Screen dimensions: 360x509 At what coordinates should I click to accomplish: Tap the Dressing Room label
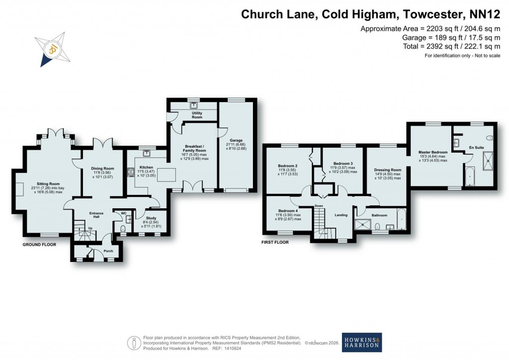(387, 170)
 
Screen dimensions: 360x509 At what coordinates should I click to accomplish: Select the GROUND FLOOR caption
(39, 245)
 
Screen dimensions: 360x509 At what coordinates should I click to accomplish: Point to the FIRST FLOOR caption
(275, 243)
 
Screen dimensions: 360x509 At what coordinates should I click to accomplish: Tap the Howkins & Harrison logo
(361, 343)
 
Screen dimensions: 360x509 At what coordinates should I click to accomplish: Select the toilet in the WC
(123, 228)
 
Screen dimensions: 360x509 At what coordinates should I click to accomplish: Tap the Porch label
(108, 251)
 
